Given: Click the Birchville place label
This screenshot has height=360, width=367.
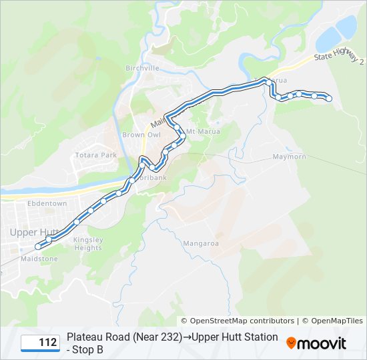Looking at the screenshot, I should coord(142,68).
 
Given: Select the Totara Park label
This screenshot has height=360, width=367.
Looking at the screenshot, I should coord(96,155).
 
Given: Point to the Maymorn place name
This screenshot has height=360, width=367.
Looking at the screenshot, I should coord(289,157).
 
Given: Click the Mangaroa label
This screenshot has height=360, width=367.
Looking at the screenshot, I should coord(201,243).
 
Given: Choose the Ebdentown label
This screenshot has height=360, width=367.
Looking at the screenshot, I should coord(47,203).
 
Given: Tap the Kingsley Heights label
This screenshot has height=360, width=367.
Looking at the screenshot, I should coord(88,244).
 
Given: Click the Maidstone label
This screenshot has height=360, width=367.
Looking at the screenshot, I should coord(39,259).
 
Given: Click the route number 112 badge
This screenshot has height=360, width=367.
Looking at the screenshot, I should coord(39,343).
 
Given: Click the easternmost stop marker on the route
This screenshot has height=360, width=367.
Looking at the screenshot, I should coord(329,99).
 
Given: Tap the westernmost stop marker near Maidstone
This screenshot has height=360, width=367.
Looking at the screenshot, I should coord(38,247).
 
